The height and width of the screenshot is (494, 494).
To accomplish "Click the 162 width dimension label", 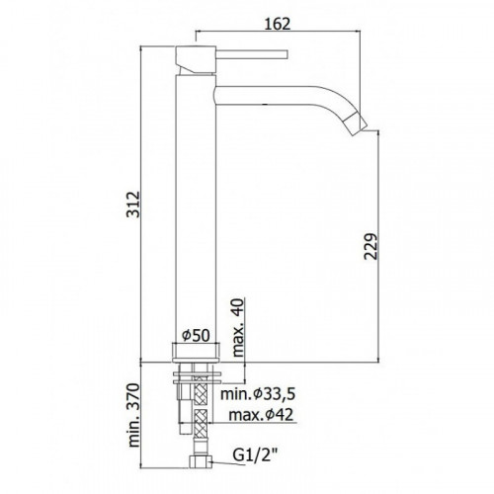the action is [278, 24].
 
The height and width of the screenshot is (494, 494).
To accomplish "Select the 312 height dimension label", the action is [133, 205].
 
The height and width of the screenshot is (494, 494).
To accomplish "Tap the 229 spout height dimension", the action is [370, 246].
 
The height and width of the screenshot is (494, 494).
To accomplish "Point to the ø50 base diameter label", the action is [196, 336].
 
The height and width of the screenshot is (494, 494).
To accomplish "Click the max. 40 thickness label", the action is [238, 328].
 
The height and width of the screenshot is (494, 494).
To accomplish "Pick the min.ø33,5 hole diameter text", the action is [258, 394].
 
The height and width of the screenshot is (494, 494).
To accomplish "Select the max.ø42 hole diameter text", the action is [261, 415].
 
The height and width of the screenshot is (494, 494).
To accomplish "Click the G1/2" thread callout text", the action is [254, 455].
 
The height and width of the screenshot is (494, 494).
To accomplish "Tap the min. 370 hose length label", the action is [133, 415].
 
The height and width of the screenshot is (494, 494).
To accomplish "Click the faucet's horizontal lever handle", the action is [252, 54].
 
